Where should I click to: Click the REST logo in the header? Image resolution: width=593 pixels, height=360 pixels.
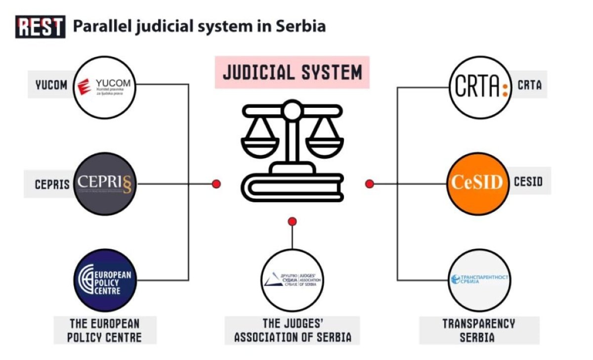[41, 27]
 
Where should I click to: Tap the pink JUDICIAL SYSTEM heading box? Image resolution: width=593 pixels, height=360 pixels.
[292, 72]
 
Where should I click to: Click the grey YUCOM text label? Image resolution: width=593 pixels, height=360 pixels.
[51, 85]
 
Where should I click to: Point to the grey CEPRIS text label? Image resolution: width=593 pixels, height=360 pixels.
[51, 184]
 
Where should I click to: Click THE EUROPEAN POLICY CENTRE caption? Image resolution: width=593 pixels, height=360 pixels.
[105, 331]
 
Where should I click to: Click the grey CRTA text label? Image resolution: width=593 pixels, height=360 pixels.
[529, 85]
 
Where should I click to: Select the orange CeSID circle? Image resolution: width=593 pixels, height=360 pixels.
[478, 182]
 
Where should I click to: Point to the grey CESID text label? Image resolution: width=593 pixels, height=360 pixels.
[528, 182]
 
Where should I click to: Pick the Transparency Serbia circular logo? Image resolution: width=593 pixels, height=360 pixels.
[478, 279]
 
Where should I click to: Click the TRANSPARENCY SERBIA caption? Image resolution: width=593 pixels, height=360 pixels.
[478, 331]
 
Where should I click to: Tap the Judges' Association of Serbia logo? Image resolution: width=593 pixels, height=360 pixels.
[292, 280]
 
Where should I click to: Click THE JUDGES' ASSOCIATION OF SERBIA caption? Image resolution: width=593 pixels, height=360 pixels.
[293, 331]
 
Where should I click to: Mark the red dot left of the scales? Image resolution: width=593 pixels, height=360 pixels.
[216, 184]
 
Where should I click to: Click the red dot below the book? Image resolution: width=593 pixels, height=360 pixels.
[292, 221]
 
